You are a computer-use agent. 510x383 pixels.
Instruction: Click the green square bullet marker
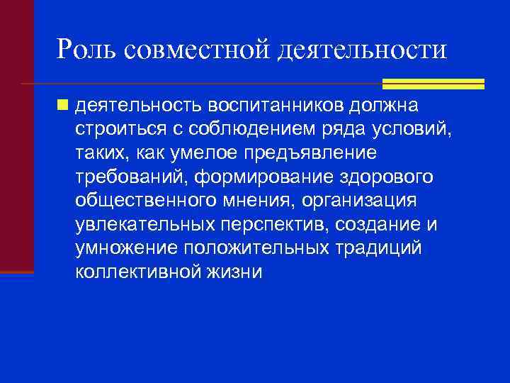64,105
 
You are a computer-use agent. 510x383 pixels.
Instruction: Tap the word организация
359,201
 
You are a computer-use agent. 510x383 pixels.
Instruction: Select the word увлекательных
142,224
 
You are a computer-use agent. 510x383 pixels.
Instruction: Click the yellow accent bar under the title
433,84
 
